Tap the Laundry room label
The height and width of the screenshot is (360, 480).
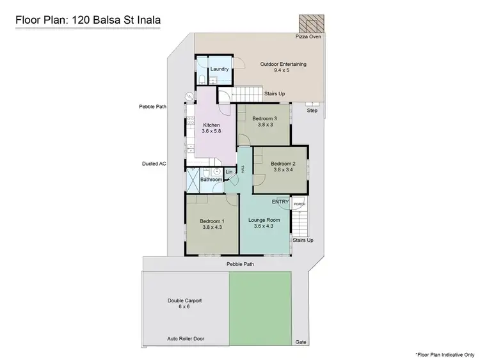tap(219, 69)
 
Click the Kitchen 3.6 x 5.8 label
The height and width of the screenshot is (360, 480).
tap(211, 128)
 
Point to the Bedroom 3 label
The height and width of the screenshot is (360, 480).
tap(264, 122)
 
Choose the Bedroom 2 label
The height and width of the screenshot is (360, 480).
tap(282, 166)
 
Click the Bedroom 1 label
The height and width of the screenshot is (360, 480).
tap(211, 224)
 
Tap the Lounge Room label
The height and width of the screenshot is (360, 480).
tap(264, 223)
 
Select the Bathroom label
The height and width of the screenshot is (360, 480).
tap(211, 180)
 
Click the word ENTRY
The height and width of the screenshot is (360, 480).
tap(280, 202)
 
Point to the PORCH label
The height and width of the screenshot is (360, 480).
tap(299, 205)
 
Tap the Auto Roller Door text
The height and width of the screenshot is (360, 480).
tap(186, 338)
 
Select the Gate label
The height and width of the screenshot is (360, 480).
tap(301, 342)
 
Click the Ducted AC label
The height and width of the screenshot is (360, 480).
tap(154, 164)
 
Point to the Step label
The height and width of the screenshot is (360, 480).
tap(312, 111)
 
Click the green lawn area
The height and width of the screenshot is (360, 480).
tap(260, 306)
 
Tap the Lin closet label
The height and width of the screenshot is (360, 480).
tap(228, 172)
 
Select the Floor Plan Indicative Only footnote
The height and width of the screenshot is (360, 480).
tap(444, 354)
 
